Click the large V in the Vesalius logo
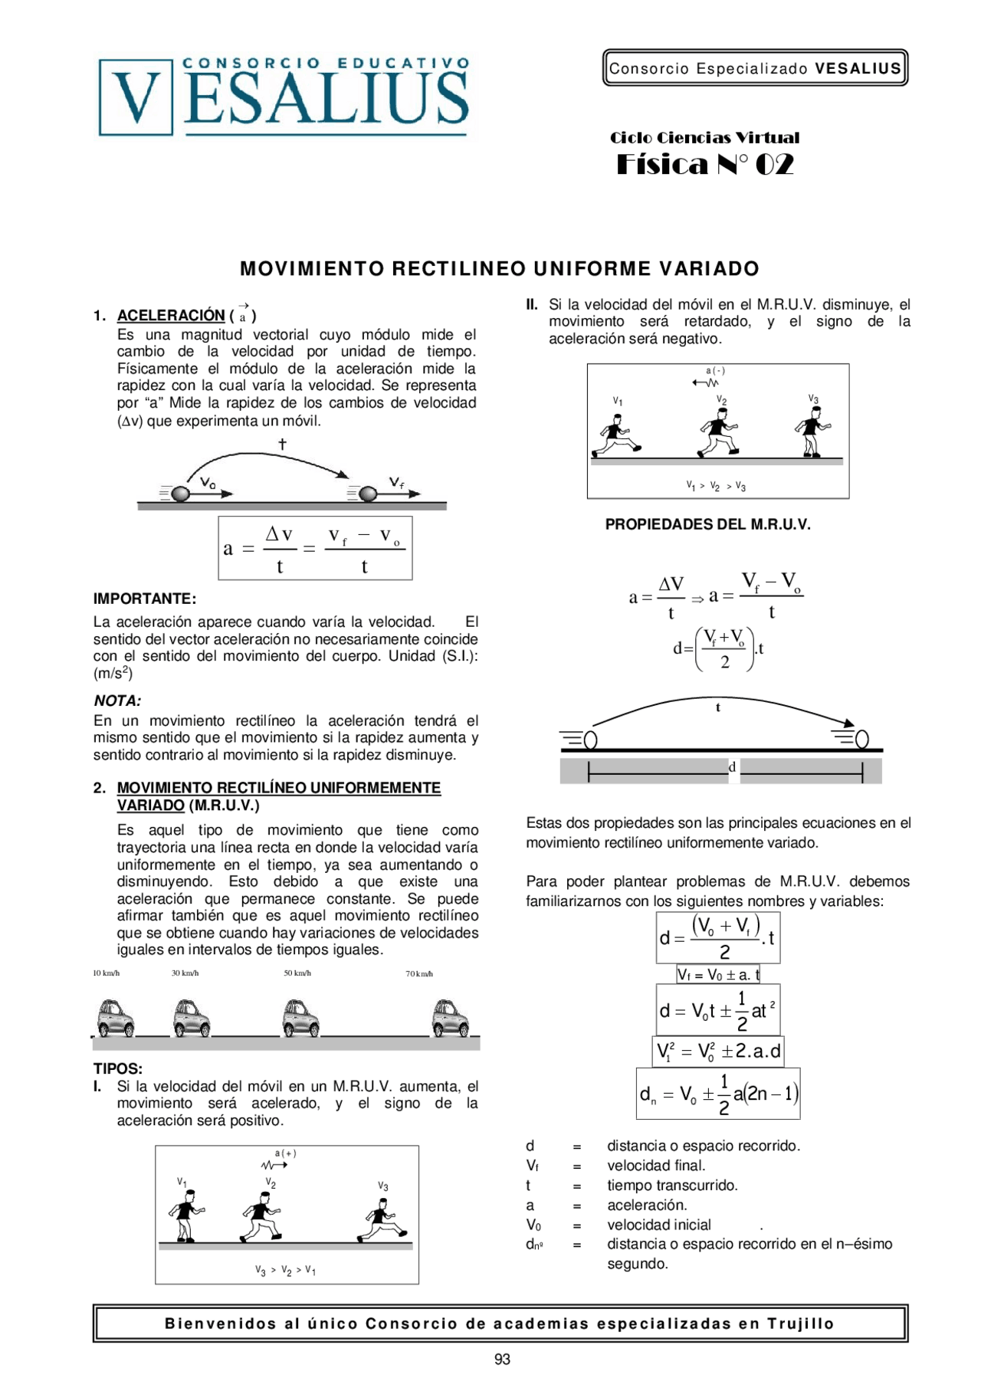[x=136, y=97]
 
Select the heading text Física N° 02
[x=704, y=165]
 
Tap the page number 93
[x=502, y=1359]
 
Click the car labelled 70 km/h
[x=451, y=1018]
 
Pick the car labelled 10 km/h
[x=116, y=1018]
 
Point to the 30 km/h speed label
[x=185, y=973]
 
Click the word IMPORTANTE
[x=144, y=599]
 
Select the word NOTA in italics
[x=116, y=701]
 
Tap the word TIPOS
[x=117, y=1068]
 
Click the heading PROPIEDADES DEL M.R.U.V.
[x=707, y=524]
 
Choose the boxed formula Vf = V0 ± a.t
[x=718, y=975]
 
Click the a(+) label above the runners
[x=285, y=1153]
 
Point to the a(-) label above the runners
[x=715, y=371]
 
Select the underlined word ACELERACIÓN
[x=170, y=315]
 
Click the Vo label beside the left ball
[x=208, y=483]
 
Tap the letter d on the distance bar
[x=732, y=767]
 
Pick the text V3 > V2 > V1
[x=286, y=1270]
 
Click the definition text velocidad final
[x=655, y=1166]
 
